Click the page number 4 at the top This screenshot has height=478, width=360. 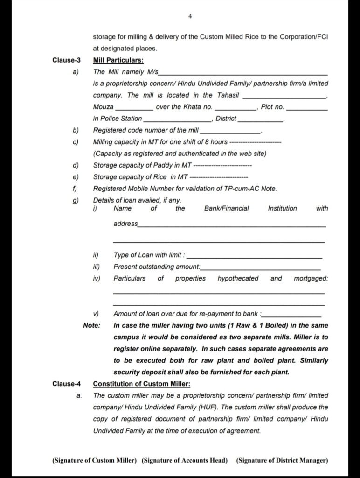pos(190,16)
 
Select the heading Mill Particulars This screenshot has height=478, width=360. pos(118,60)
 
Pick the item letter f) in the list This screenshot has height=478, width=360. pos(76,189)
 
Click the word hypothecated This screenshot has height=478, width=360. pos(238,278)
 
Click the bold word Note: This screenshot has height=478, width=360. pos(91,325)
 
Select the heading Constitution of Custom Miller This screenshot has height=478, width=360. pos(142,384)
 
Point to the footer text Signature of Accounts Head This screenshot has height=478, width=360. pos(185,460)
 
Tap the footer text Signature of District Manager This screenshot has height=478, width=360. pos(282,460)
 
